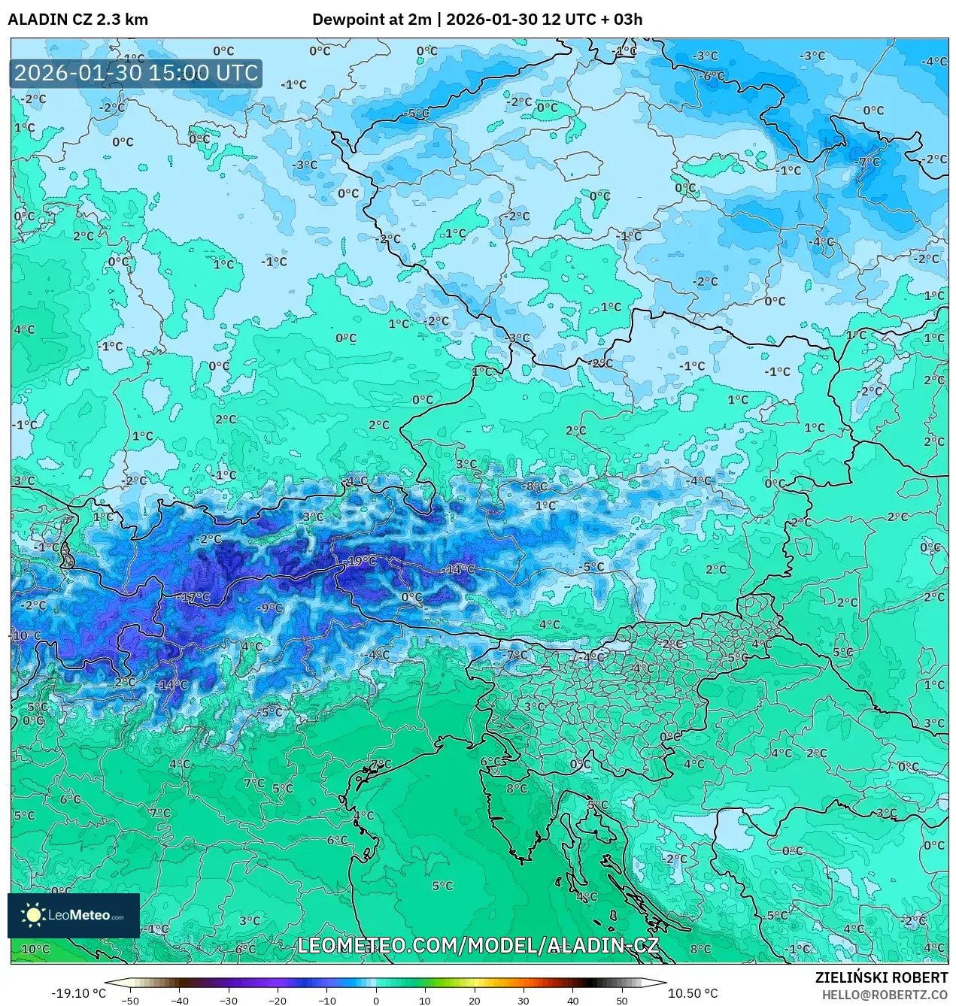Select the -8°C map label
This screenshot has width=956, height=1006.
point(536,486)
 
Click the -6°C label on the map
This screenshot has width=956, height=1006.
point(711,76)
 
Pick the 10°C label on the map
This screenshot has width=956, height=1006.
point(35,949)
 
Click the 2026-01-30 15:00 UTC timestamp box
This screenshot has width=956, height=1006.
point(136,74)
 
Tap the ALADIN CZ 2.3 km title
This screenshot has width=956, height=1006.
point(78,20)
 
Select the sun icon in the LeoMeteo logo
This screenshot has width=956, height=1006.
point(33,915)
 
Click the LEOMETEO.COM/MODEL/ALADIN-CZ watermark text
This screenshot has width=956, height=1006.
point(478,945)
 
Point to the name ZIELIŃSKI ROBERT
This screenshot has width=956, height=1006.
point(882,977)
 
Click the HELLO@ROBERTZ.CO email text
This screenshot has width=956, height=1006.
point(885,994)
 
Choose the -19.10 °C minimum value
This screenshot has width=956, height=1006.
point(78,993)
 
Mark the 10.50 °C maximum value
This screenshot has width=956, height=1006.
point(693,993)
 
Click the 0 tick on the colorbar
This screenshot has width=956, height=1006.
point(376,1001)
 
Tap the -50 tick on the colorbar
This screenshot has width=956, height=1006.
point(130,1001)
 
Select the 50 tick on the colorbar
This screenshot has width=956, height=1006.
point(621,1001)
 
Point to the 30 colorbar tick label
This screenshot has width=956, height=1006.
point(524,1001)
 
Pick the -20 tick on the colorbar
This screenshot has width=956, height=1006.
point(278,1001)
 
